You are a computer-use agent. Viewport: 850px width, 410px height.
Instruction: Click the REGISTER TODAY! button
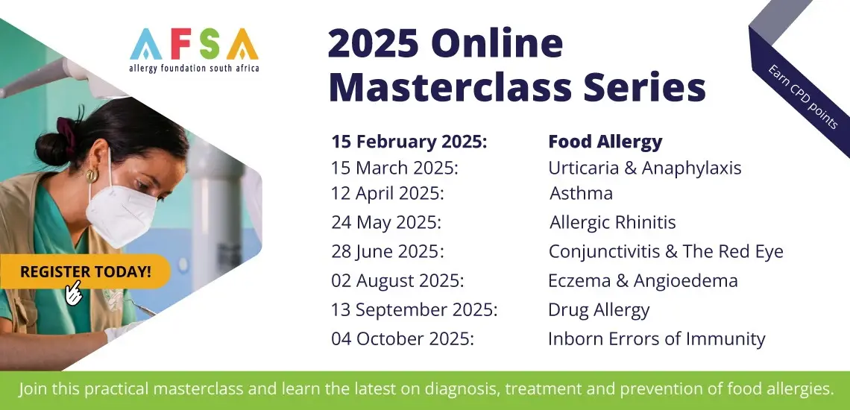pyautogui.click(x=85, y=271)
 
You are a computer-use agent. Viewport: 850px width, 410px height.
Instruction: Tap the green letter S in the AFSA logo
pyautogui.click(x=209, y=44)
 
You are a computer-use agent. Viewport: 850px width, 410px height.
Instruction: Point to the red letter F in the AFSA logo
pyautogui.click(x=180, y=44)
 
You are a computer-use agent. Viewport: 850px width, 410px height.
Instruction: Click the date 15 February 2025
pyautogui.click(x=409, y=142)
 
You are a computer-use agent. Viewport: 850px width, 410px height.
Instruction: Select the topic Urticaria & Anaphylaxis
pyautogui.click(x=644, y=168)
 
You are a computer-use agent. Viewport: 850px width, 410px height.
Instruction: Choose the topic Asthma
pyautogui.click(x=581, y=194)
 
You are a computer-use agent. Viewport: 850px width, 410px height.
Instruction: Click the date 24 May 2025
pyautogui.click(x=386, y=223)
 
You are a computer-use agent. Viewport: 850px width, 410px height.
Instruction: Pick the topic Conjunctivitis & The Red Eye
pyautogui.click(x=666, y=252)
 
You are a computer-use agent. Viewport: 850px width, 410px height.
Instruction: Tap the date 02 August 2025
pyautogui.click(x=397, y=281)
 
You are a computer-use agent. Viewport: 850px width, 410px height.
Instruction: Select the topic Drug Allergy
pyautogui.click(x=599, y=310)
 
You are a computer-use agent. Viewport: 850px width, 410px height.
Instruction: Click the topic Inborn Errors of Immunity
pyautogui.click(x=656, y=339)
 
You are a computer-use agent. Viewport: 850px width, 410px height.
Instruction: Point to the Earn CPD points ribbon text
pyautogui.click(x=803, y=96)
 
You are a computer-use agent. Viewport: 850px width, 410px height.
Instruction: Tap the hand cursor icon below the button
pyautogui.click(x=73, y=293)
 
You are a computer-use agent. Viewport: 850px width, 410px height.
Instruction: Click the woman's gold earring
pyautogui.click(x=92, y=174)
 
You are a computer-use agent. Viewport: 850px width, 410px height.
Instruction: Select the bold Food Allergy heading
pyautogui.click(x=605, y=142)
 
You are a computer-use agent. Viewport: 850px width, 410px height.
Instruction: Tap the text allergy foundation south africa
pyautogui.click(x=194, y=69)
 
